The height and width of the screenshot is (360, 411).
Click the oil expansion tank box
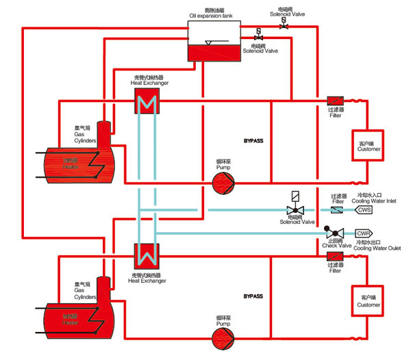pyautogui.click(x=215, y=41)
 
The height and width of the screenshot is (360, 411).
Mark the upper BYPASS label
pyautogui.click(x=253, y=141)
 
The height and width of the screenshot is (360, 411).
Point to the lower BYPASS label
pyautogui.click(x=253, y=297)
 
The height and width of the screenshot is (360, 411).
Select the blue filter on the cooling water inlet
pyautogui.click(x=336, y=209)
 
